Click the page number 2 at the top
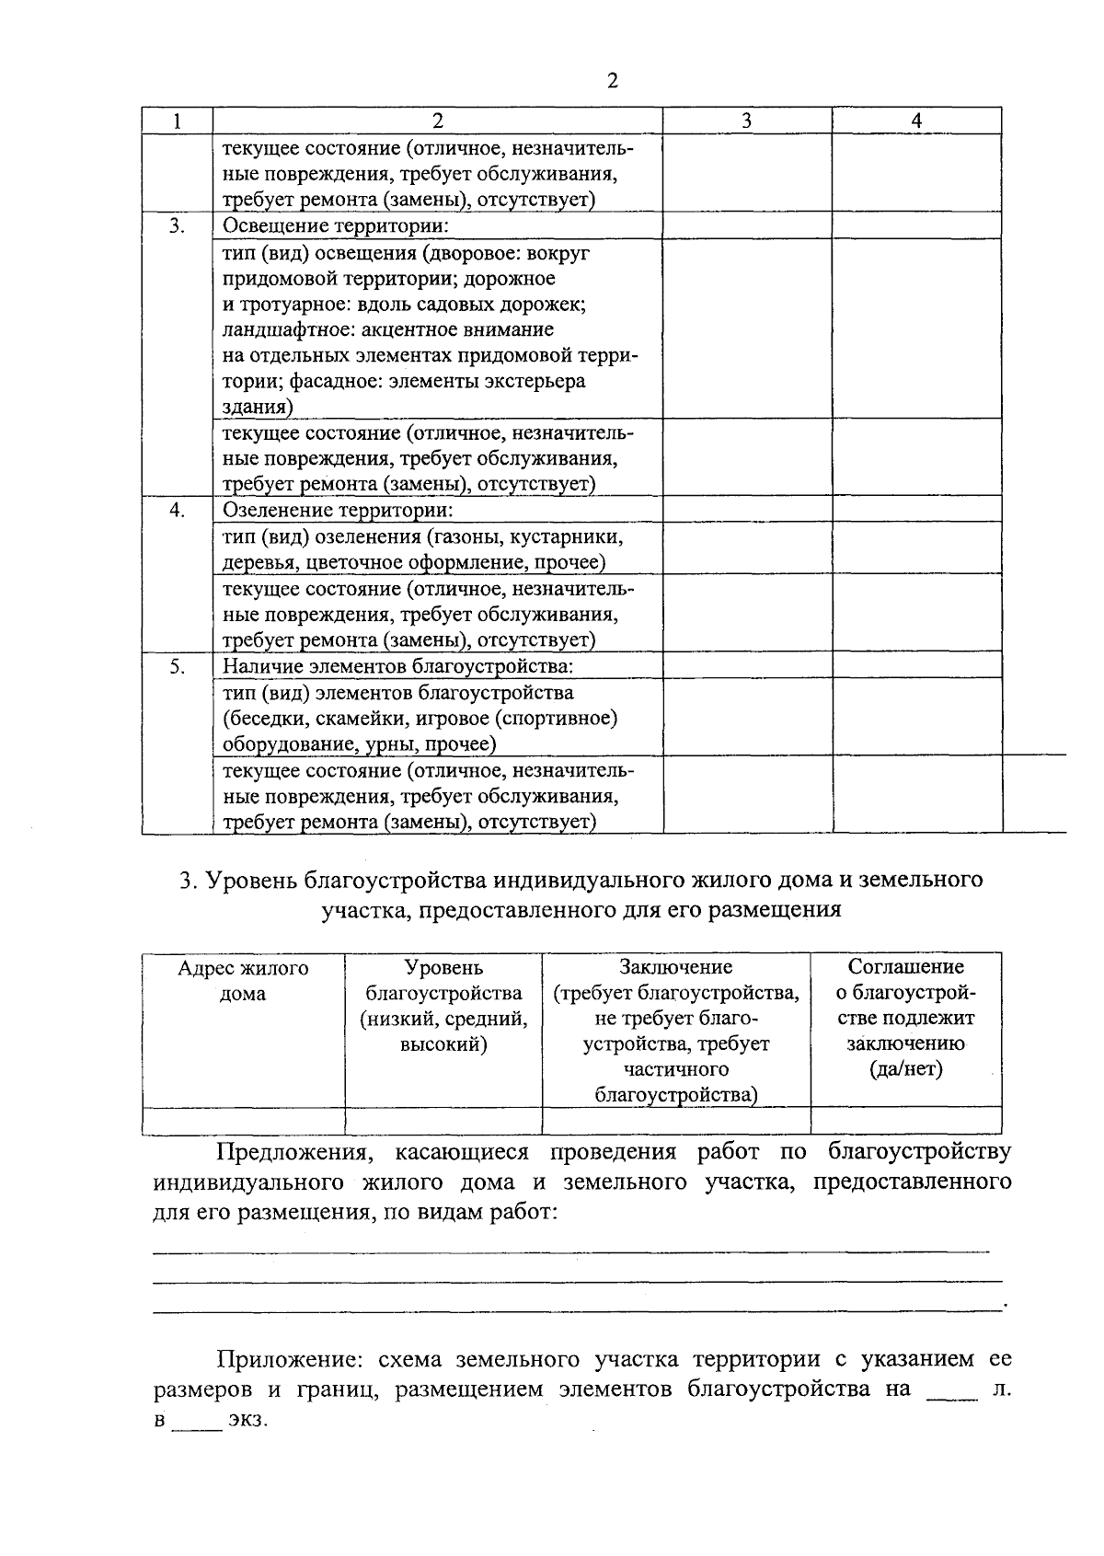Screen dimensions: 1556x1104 pos(614,81)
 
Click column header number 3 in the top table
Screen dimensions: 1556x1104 pos(747,121)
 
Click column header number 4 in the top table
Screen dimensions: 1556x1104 pos(916,121)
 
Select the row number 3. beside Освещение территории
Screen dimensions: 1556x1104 pos(177,225)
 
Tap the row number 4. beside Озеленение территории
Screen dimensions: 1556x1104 pos(177,510)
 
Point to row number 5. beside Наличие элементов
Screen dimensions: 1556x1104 pos(177,665)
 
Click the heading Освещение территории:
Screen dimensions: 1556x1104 pos(336,225)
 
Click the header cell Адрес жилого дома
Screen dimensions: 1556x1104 pos(243,981)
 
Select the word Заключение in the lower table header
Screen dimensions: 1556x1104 pos(675,967)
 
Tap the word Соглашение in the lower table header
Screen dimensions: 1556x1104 pos(905,967)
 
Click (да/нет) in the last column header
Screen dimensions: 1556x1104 pos(905,1069)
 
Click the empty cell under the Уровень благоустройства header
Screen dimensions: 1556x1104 pos(443,1120)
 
